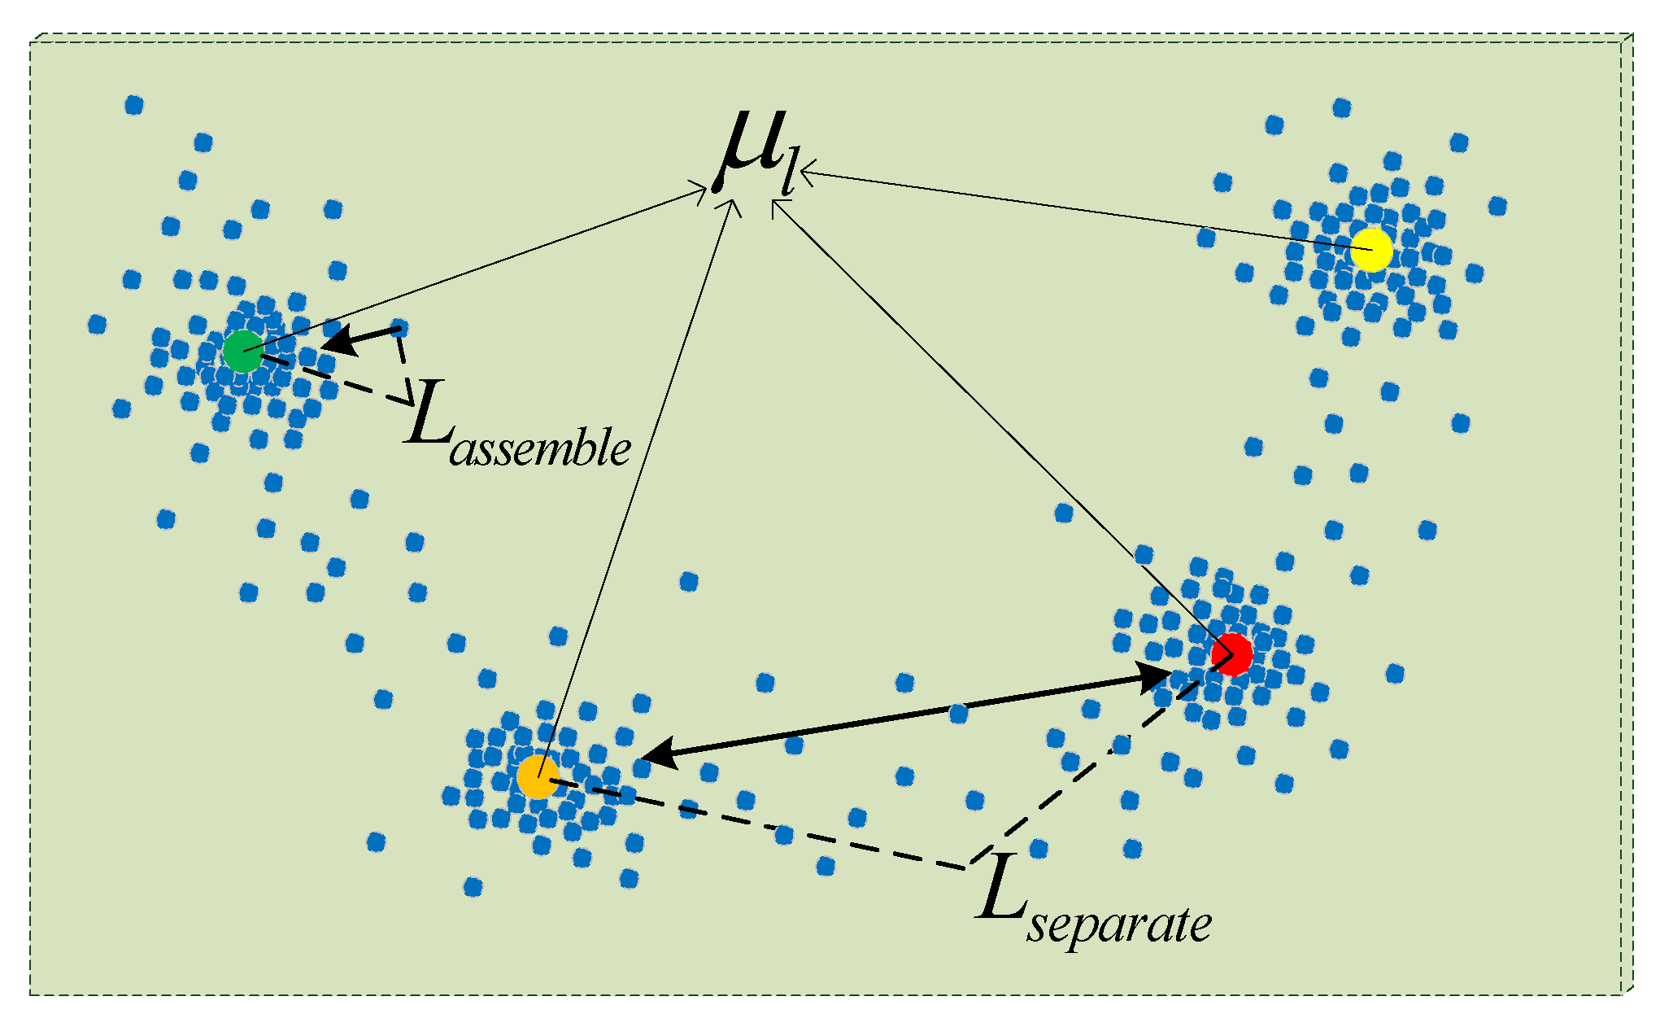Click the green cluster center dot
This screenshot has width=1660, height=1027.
click(243, 352)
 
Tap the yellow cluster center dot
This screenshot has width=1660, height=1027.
click(1371, 250)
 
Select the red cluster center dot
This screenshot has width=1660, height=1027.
click(1231, 654)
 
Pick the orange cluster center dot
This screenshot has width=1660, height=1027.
click(538, 776)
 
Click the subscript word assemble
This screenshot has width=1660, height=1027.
click(540, 449)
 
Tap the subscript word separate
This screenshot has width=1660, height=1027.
click(1118, 925)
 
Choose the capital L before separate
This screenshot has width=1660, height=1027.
click(1002, 894)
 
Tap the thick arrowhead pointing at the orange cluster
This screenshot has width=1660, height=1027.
click(660, 753)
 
